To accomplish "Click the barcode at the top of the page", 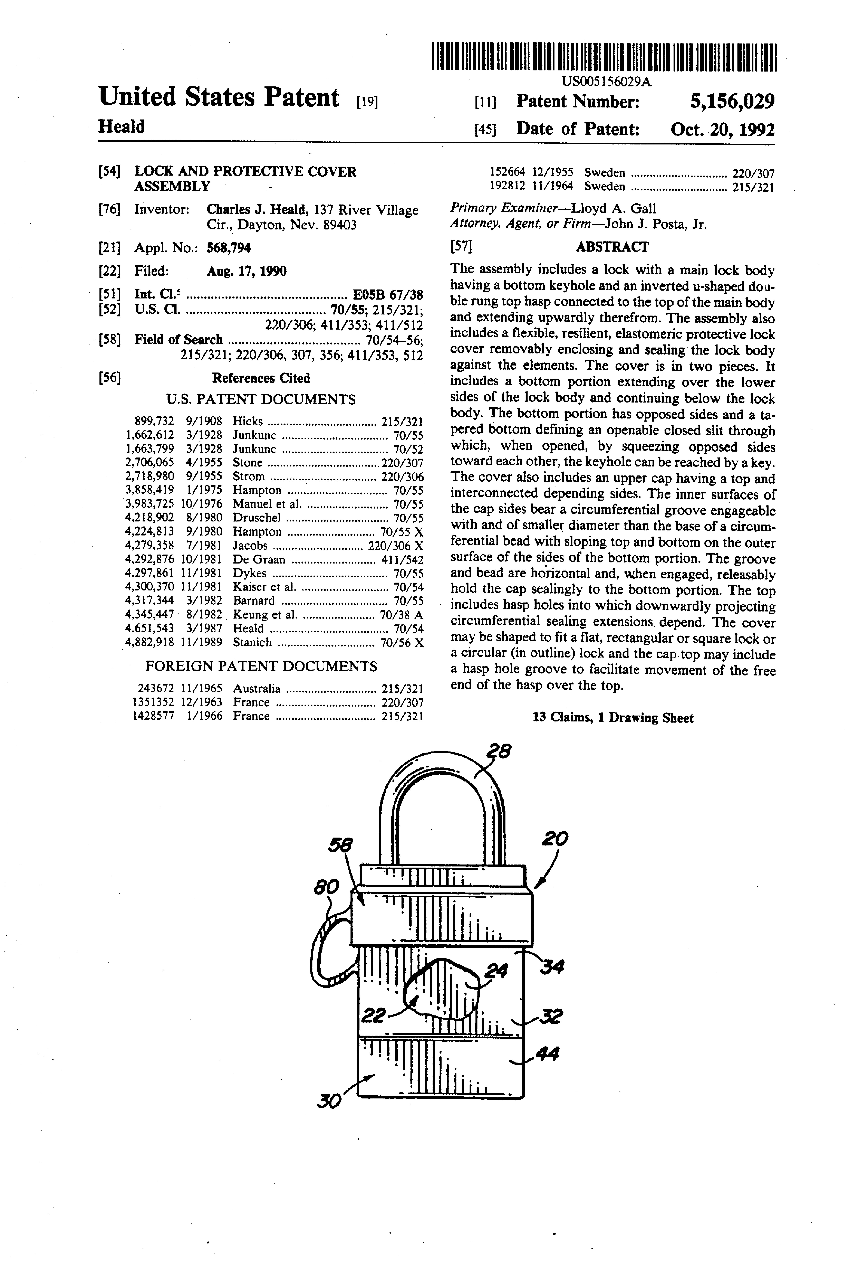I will [604, 57].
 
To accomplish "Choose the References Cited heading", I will [261, 378].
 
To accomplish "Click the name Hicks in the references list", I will [247, 422].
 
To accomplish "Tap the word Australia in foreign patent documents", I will [256, 689].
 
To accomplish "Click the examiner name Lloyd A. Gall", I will [613, 209].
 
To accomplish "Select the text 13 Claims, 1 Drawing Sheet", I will [612, 718].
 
